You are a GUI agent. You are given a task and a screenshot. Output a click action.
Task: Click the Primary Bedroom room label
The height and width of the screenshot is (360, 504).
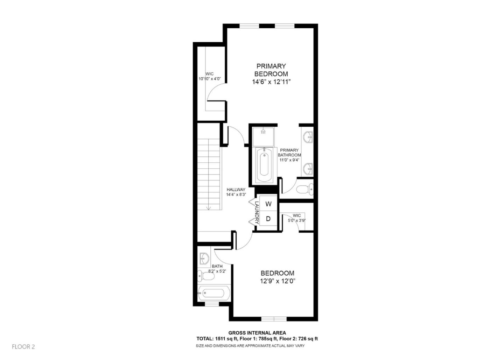[271, 70]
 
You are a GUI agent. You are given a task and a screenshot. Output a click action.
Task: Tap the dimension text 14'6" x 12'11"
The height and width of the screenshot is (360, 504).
[272, 82]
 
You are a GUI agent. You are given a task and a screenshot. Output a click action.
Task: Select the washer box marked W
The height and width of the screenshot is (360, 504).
[268, 204]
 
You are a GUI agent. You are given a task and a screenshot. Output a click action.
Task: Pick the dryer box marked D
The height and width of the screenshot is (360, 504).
[268, 219]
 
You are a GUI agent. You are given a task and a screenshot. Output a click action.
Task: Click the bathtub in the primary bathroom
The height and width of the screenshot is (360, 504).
[264, 165]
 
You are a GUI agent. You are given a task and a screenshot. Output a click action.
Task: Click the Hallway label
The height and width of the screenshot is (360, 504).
[236, 190]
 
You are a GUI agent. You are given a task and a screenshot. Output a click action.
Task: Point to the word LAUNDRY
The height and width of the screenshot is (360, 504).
[257, 213]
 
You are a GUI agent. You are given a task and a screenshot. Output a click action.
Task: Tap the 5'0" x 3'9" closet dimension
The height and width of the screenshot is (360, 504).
[297, 221]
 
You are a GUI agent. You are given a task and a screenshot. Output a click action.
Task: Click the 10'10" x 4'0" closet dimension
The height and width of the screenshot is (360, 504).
[209, 79]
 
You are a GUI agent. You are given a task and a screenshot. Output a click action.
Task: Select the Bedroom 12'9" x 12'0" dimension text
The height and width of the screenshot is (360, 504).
[277, 281]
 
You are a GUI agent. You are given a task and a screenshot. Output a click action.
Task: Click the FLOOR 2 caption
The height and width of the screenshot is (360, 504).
[23, 347]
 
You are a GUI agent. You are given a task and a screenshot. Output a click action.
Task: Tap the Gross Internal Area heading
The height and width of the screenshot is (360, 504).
[257, 333]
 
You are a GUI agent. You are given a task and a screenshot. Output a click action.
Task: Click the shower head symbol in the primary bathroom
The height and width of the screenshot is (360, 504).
[263, 132]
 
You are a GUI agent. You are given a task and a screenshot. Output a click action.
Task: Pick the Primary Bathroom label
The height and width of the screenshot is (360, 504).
[289, 153]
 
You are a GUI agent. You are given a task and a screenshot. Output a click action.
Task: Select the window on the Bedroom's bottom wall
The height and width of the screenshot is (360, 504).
[274, 319]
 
